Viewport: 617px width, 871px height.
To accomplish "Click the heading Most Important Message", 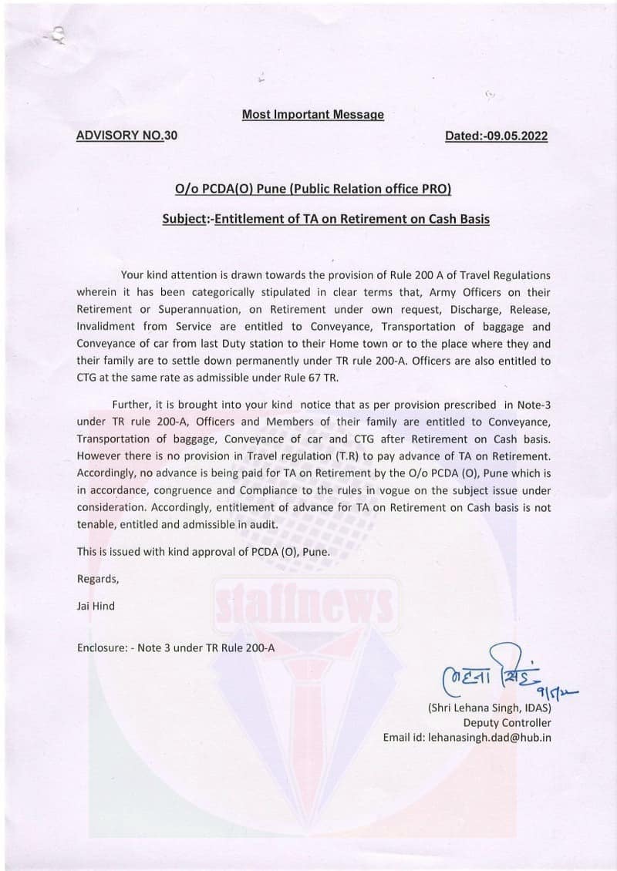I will click(312, 115).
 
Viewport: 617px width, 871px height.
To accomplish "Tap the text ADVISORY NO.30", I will click(126, 136).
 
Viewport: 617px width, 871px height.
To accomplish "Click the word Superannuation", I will click(180, 310).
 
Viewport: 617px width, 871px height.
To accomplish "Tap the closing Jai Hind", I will click(96, 606).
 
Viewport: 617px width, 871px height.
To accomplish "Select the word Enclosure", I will click(103, 647).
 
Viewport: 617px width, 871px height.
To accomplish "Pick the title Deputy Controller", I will click(507, 722).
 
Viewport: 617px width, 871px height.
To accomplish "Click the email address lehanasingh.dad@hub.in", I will click(467, 738).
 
